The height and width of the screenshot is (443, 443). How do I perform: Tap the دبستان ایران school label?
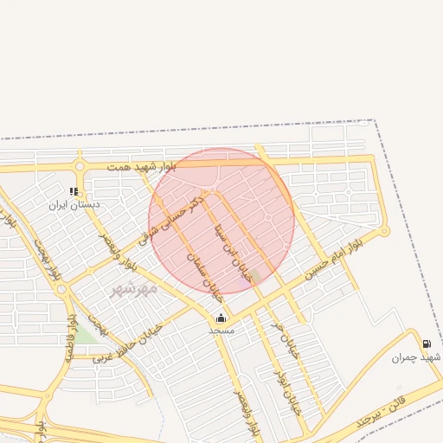coord(74,204)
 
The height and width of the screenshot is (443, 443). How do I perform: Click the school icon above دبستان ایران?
coord(74,191)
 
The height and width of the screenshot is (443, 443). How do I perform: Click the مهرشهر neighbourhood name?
coord(134,289)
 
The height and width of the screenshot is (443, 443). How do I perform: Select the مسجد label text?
coord(221,330)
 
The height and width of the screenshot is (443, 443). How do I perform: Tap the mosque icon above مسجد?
coord(221,318)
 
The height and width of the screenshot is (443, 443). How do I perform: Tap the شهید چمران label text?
coord(416,356)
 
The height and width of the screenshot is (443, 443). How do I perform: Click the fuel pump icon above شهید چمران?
coord(427,343)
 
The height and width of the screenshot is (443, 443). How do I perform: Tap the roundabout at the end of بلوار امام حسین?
coord(385,231)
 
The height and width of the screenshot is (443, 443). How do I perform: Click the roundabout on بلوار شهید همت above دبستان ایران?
coord(80,166)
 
